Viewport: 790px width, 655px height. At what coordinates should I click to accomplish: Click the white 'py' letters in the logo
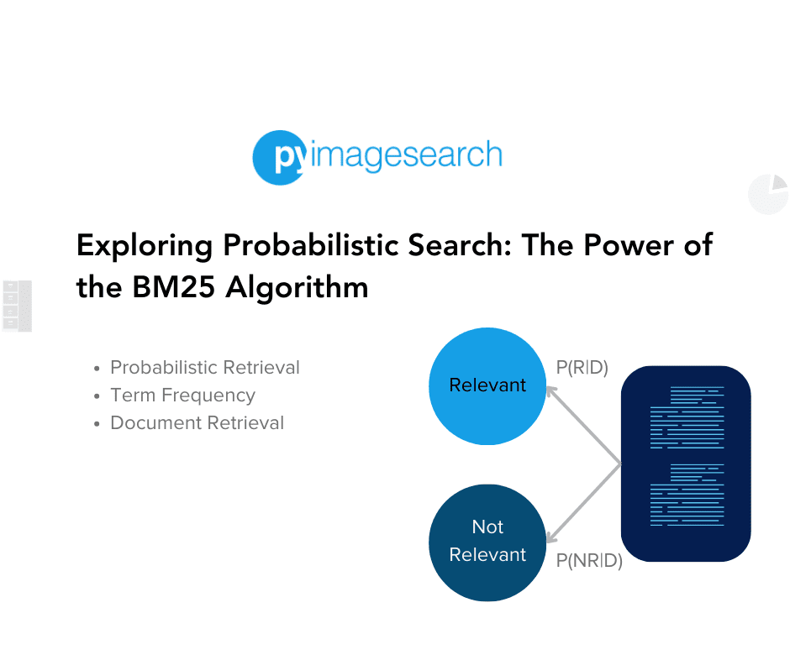tap(289, 157)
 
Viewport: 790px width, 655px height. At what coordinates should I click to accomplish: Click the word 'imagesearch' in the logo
tap(406, 155)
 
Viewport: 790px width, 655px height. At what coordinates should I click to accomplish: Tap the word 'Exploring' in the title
tap(145, 247)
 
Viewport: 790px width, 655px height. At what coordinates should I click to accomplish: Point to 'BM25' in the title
tap(173, 287)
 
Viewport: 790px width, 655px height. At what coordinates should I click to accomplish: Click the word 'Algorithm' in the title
tap(297, 289)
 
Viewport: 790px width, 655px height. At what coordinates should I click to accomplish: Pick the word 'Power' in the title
tap(629, 245)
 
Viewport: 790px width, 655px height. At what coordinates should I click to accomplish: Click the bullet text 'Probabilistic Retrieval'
tap(205, 368)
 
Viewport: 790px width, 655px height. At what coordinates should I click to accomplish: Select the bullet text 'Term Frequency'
tap(183, 396)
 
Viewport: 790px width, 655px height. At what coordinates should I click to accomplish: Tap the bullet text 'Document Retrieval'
tap(197, 423)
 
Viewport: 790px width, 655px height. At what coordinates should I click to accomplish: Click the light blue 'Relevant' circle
tap(487, 386)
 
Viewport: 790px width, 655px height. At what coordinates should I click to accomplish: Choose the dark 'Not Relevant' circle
tap(487, 542)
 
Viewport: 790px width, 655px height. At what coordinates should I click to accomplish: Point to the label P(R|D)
tap(582, 368)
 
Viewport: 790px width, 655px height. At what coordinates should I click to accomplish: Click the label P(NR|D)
tap(589, 560)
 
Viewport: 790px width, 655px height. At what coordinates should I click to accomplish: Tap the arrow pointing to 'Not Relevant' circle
tap(583, 503)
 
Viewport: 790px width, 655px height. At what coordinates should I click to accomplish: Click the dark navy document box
tap(686, 464)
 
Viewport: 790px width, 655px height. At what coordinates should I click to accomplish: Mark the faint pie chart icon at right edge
tap(769, 194)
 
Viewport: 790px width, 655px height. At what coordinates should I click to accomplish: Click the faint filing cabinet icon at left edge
tap(17, 307)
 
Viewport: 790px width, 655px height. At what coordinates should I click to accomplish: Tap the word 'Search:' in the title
tap(460, 245)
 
